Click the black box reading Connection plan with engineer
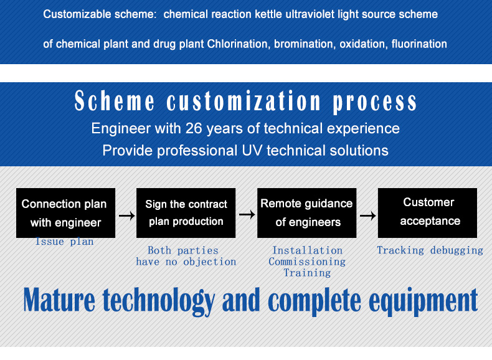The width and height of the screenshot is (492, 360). click(65, 213)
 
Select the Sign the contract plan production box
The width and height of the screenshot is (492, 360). click(186, 213)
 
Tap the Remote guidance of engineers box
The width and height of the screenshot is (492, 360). click(306, 213)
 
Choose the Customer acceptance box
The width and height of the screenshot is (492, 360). click(427, 213)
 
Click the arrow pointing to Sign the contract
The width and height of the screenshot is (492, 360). click(127, 216)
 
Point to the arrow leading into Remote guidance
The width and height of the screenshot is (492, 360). click(247, 215)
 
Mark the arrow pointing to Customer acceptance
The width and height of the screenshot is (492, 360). click(367, 216)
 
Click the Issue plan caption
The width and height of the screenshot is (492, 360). click(64, 242)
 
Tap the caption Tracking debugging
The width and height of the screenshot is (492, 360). click(430, 250)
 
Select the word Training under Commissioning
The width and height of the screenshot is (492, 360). click(307, 273)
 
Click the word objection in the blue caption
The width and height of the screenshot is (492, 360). click(210, 262)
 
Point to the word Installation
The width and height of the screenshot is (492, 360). click(307, 250)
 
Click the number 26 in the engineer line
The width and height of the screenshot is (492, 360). click(194, 128)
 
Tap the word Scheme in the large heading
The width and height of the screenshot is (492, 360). click(115, 101)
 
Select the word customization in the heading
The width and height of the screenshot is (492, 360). click(244, 101)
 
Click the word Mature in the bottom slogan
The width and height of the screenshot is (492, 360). click(59, 300)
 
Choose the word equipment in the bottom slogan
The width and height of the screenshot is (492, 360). click(423, 301)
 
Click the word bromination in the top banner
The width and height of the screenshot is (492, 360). click(303, 44)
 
